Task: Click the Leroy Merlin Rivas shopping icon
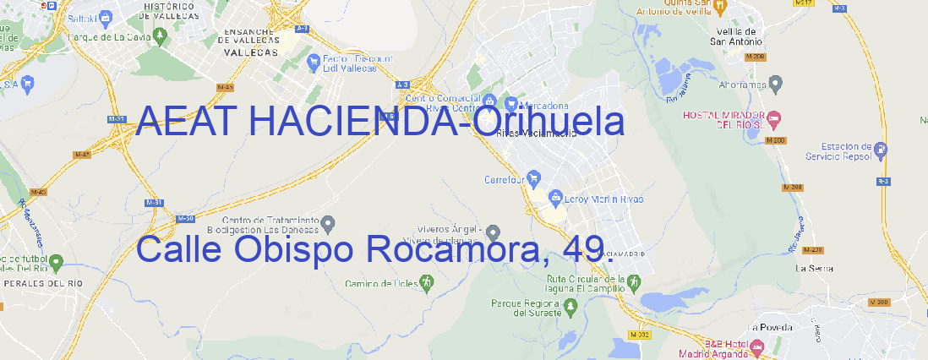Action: click(x=555, y=199)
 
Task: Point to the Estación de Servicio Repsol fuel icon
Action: click(x=882, y=150)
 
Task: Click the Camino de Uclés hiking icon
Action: click(x=427, y=284)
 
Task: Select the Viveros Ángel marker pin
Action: click(x=494, y=232)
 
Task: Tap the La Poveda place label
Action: click(x=769, y=326)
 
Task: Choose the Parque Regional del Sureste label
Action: click(x=526, y=308)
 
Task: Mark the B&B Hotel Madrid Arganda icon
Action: click(x=757, y=346)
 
